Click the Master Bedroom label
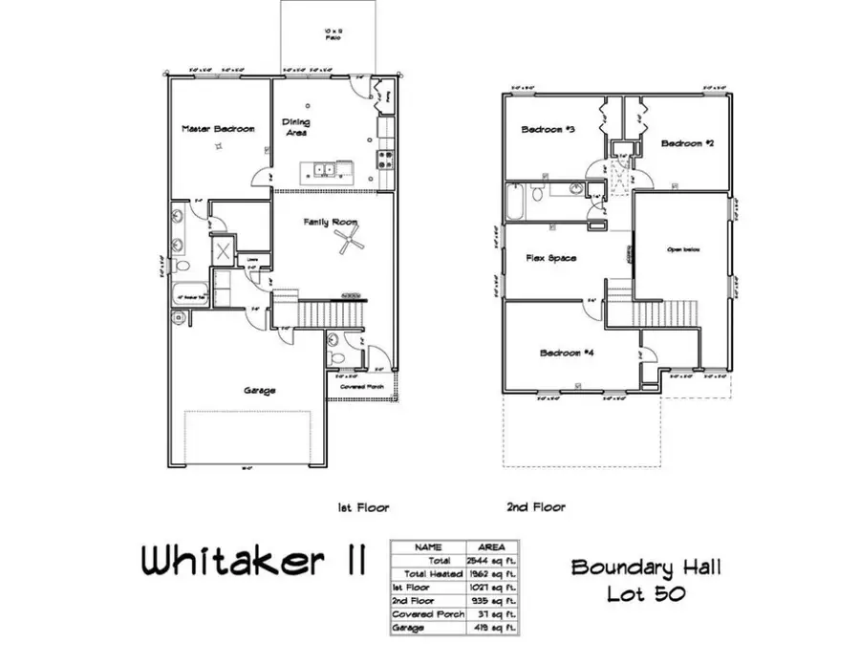click(x=219, y=128)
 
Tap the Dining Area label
click(x=296, y=127)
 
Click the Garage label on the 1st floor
click(x=259, y=391)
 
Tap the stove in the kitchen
click(x=386, y=158)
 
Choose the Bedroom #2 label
click(x=688, y=143)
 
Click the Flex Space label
click(x=550, y=258)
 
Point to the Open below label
click(x=683, y=249)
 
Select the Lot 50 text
click(x=646, y=593)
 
